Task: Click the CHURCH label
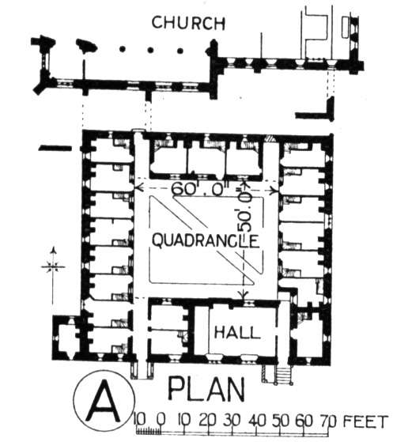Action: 188,23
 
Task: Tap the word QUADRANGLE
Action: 206,241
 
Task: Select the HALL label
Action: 237,332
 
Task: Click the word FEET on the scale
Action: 365,422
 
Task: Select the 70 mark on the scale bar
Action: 328,421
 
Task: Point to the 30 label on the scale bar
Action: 232,421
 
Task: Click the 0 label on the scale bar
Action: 161,421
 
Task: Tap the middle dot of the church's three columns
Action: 150,50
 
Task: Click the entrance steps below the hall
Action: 283,374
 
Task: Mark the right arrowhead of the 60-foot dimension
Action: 274,191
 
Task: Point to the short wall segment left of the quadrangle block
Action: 55,148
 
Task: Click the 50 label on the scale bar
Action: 280,421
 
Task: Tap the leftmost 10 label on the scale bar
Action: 140,421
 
